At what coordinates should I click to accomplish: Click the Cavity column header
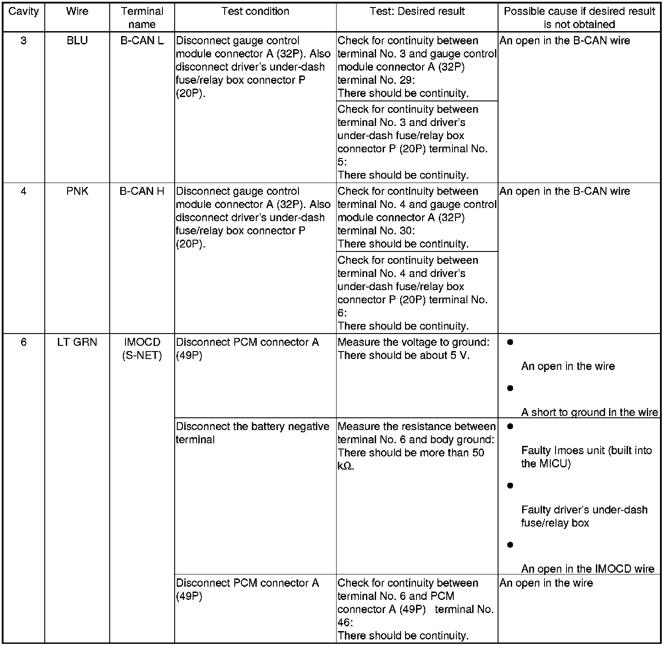(x=23, y=12)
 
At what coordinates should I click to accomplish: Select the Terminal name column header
(x=142, y=18)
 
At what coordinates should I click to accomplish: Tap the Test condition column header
(x=255, y=12)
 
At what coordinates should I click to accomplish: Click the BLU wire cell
(x=77, y=41)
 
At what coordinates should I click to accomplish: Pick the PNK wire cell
(x=77, y=191)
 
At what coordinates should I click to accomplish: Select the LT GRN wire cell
(x=77, y=342)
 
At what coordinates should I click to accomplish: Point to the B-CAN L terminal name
(x=142, y=41)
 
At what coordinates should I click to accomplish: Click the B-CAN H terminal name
(x=142, y=191)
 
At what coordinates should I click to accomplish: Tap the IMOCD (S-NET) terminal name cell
(x=142, y=349)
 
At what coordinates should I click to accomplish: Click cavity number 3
(x=23, y=41)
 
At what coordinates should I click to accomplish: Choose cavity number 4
(x=23, y=191)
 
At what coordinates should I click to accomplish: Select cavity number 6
(x=23, y=342)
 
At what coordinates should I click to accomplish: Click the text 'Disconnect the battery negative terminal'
(x=252, y=433)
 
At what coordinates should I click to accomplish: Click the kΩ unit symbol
(x=345, y=466)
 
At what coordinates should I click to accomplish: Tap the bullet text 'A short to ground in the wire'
(x=589, y=412)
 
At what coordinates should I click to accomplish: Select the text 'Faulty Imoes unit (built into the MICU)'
(x=586, y=457)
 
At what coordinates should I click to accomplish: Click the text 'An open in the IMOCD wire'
(x=588, y=569)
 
